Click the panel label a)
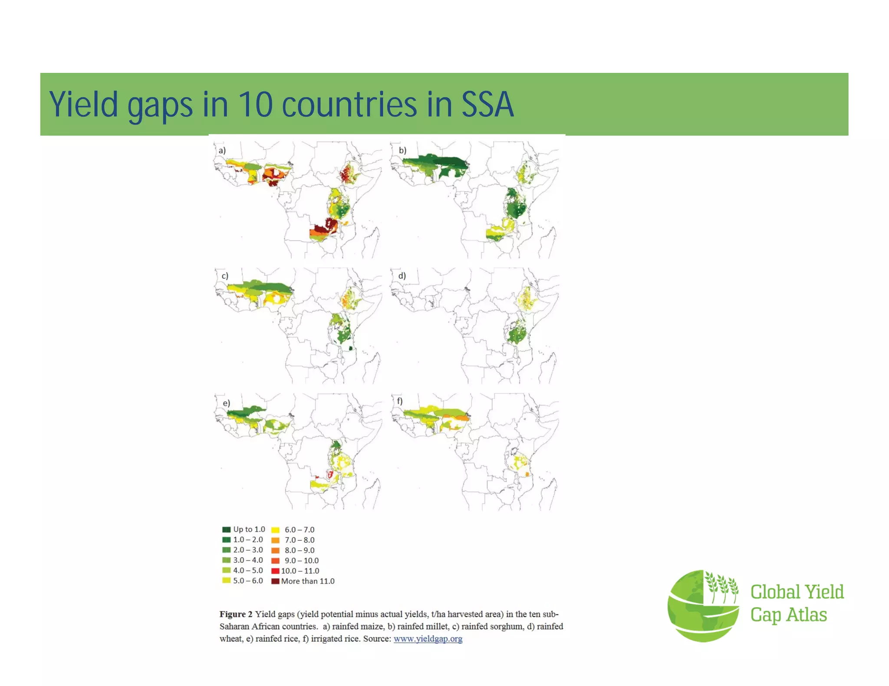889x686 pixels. pos(222,150)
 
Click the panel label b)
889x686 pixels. pos(402,150)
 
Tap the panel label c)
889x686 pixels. pos(224,276)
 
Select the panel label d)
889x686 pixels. pos(402,276)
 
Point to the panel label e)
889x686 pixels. pos(226,403)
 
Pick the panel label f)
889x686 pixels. pos(399,401)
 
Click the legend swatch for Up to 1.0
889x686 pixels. pos(226,529)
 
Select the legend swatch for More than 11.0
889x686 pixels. pos(275,581)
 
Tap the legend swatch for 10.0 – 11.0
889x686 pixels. pos(275,571)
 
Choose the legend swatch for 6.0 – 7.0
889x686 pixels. pos(275,530)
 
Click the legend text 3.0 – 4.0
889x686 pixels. pos(248,560)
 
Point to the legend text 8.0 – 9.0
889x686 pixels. pos(300,550)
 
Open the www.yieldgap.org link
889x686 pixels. pos(428,639)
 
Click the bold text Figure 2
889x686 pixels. pos(236,614)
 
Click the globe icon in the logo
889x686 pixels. pos(703,606)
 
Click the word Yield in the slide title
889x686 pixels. pos(83,105)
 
